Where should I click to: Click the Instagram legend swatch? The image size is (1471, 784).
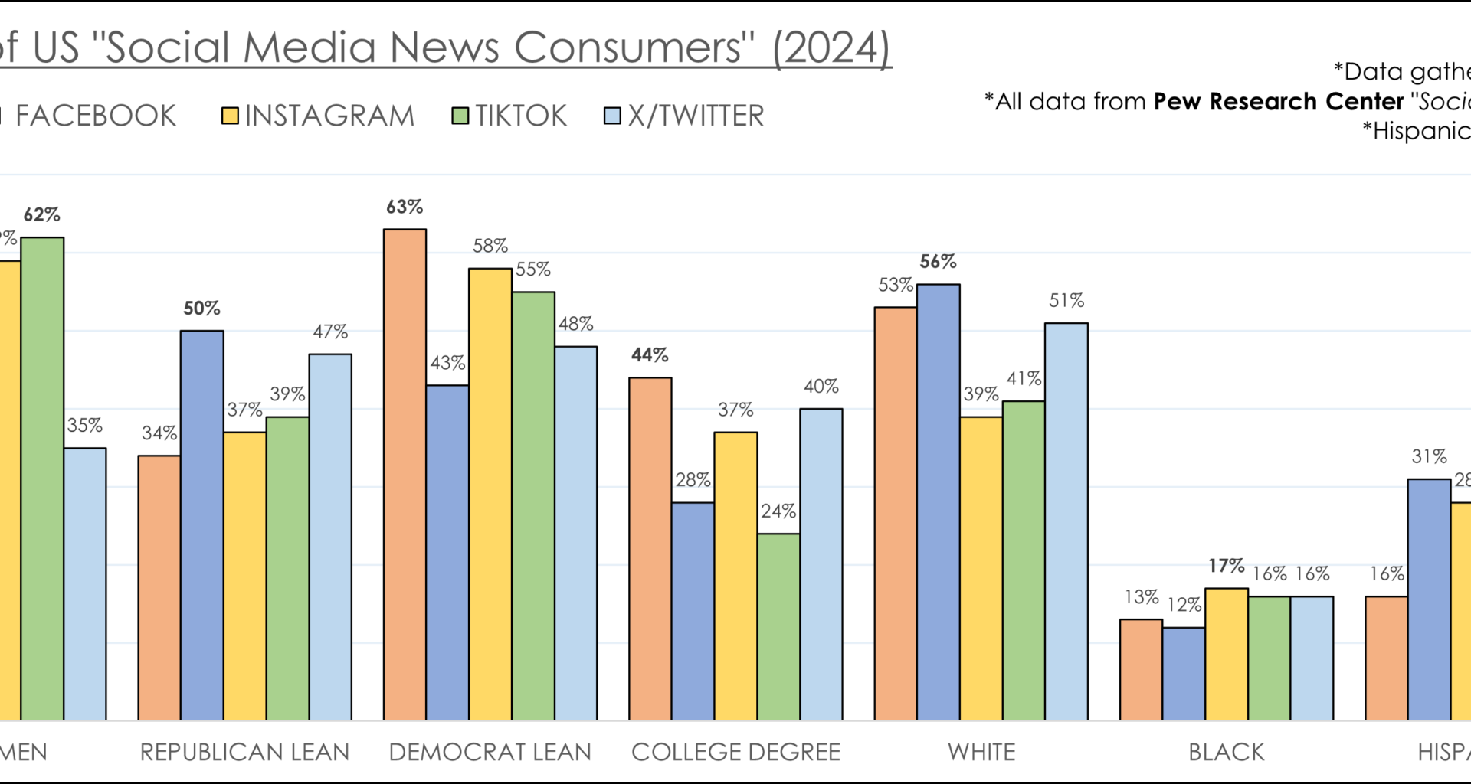pyautogui.click(x=230, y=116)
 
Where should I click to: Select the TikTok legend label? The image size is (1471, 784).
pyautogui.click(x=520, y=116)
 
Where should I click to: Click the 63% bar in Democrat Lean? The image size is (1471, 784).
pyautogui.click(x=405, y=475)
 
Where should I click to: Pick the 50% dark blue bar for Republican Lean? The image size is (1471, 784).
pyautogui.click(x=202, y=525)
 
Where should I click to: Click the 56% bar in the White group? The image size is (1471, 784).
pyautogui.click(x=939, y=501)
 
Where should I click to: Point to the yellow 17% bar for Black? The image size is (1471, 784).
pyautogui.click(x=1226, y=654)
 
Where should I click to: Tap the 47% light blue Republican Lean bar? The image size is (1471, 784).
pyautogui.click(x=330, y=536)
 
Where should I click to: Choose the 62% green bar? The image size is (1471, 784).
pyautogui.click(x=42, y=479)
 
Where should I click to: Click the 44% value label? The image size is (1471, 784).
pyautogui.click(x=650, y=355)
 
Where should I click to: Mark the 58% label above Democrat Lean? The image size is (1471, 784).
pyautogui.click(x=490, y=247)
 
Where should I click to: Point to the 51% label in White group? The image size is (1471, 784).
pyautogui.click(x=1066, y=301)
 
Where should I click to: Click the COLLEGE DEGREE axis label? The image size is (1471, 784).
pyautogui.click(x=735, y=752)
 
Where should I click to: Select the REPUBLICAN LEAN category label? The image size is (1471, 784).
pyautogui.click(x=244, y=752)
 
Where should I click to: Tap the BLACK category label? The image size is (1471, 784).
pyautogui.click(x=1226, y=752)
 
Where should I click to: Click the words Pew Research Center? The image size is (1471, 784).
pyautogui.click(x=1278, y=102)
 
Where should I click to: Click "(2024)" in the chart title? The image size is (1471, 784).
pyautogui.click(x=831, y=47)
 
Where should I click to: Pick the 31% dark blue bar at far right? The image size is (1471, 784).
pyautogui.click(x=1429, y=599)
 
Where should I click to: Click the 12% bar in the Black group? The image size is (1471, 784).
pyautogui.click(x=1184, y=674)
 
